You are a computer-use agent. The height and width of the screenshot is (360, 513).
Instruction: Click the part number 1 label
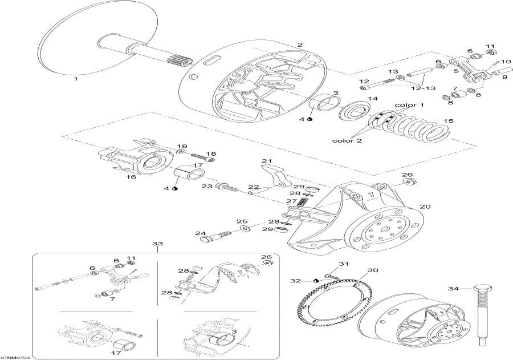coord(75,80)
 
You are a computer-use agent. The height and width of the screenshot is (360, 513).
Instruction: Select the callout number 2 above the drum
coord(300,45)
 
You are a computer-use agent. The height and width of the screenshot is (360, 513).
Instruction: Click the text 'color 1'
coord(409,106)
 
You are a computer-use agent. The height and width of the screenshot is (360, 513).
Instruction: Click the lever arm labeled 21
coord(277,175)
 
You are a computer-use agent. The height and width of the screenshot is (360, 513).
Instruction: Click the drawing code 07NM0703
coord(15,357)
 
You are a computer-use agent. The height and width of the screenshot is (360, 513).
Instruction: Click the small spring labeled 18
coord(197,155)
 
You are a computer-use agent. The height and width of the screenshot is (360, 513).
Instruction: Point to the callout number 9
coord(488,78)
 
